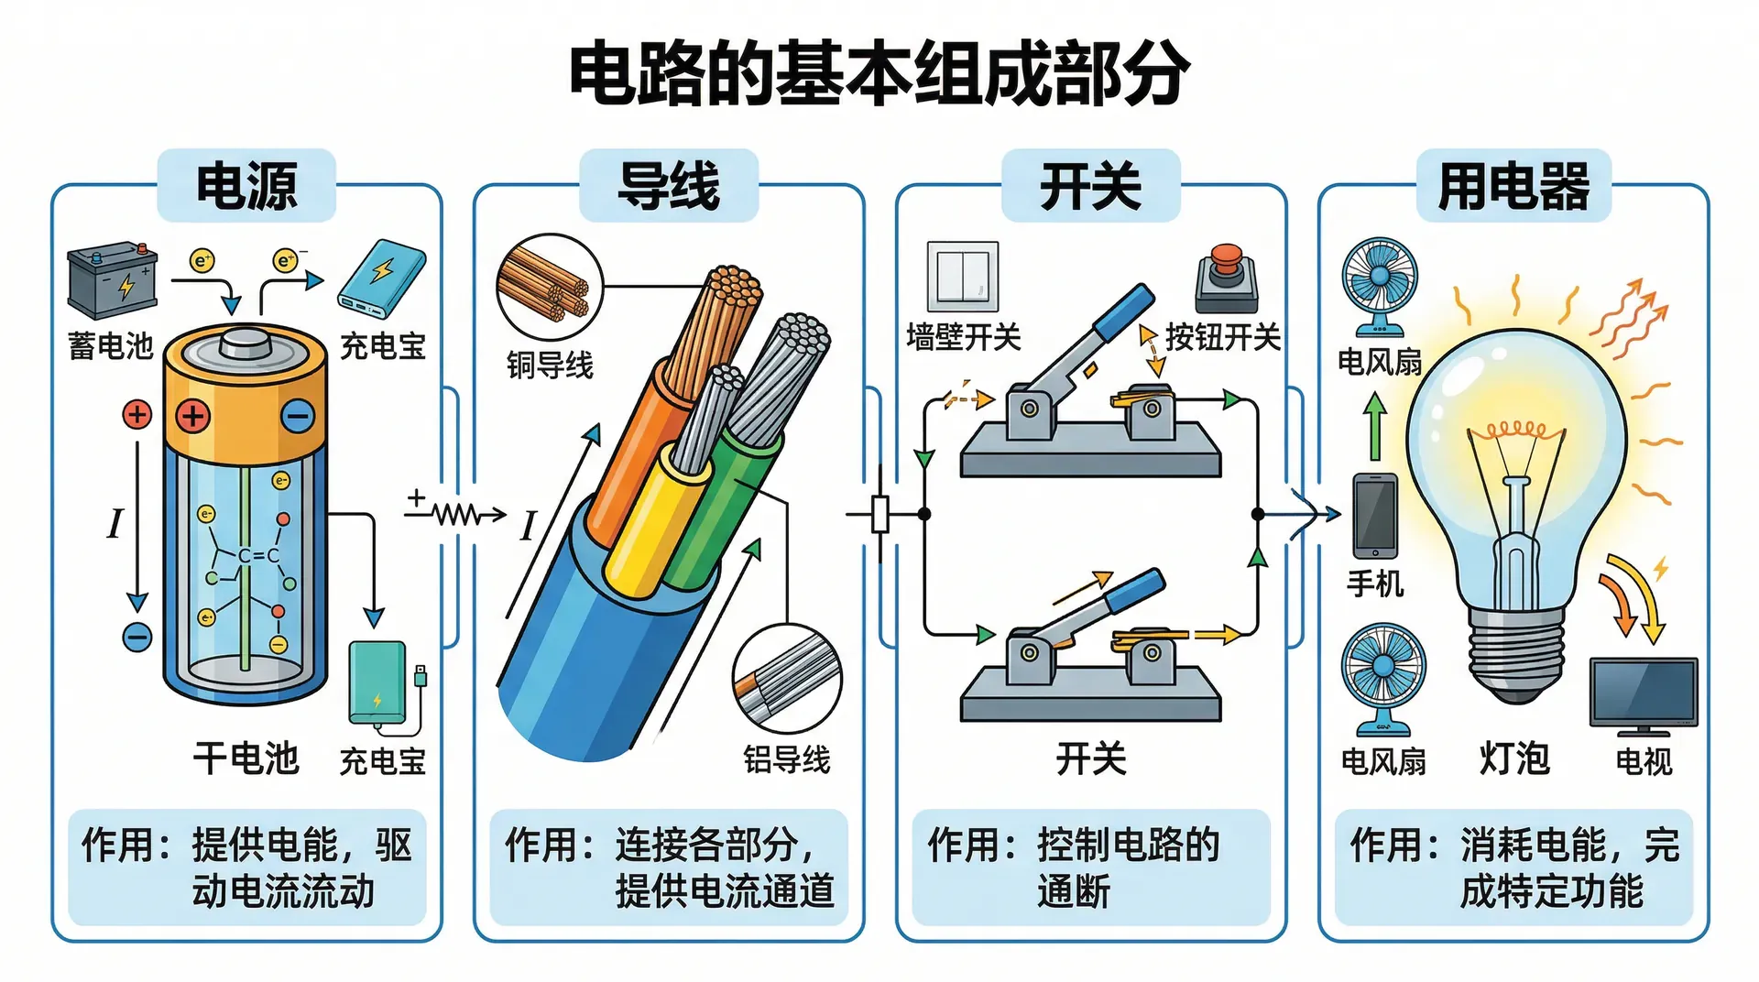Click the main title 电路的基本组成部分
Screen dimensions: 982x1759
[879, 73]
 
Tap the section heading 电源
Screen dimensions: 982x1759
[246, 186]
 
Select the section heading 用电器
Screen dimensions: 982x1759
[1513, 186]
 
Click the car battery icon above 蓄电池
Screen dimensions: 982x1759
[113, 279]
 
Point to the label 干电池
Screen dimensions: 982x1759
[246, 758]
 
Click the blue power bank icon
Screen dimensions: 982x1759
[382, 278]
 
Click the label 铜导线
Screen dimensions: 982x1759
[550, 365]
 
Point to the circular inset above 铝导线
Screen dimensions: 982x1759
[787, 679]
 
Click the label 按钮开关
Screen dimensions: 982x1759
[1222, 338]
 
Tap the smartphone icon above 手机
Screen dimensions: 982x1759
[1375, 516]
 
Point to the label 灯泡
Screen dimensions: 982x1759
[1514, 758]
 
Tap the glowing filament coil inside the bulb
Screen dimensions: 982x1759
[1515, 430]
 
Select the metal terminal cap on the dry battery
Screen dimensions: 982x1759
[245, 345]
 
